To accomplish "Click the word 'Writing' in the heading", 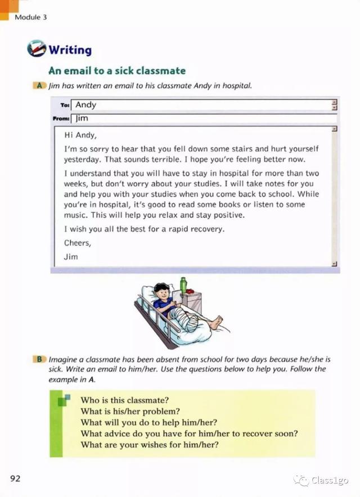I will click(70, 50).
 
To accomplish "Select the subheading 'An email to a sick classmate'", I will click(116, 71).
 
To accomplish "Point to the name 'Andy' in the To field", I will click(86, 105).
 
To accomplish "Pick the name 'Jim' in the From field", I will click(82, 119).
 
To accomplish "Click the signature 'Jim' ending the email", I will click(71, 256).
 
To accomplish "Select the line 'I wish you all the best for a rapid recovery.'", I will click(144, 229).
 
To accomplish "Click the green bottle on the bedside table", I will click(183, 284).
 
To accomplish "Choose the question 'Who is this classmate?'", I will click(125, 400).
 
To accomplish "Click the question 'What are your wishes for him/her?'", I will click(149, 446).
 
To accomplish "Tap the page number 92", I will click(15, 478).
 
